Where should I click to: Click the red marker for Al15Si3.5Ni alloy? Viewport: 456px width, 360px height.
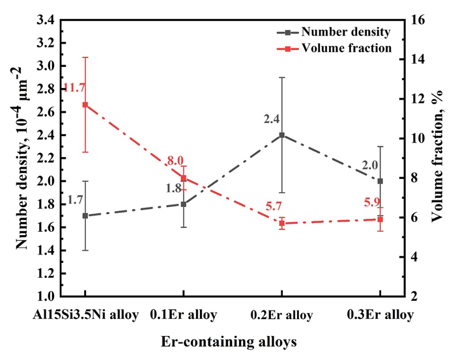[x=85, y=105]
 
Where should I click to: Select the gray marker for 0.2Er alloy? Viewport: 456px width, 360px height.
[x=282, y=135]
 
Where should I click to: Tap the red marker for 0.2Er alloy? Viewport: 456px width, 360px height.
[x=282, y=223]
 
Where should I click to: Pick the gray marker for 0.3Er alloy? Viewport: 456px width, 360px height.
[x=380, y=181]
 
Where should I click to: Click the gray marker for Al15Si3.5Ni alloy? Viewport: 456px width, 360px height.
[x=85, y=215]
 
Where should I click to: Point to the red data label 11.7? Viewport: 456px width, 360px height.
[x=74, y=87]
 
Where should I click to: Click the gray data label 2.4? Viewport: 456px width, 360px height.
[x=272, y=119]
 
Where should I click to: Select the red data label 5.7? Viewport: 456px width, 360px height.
[x=274, y=206]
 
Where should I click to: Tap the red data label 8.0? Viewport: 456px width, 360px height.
[x=175, y=161]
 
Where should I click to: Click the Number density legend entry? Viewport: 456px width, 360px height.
[x=334, y=32]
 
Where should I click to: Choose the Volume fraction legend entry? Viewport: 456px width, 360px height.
[x=334, y=48]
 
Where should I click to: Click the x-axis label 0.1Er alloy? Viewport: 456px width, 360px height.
[x=183, y=314]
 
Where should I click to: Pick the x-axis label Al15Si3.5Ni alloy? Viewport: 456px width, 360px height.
[x=85, y=314]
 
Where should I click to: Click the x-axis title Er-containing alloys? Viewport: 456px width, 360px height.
[x=229, y=342]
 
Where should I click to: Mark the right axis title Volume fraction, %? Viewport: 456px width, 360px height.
[x=436, y=156]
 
